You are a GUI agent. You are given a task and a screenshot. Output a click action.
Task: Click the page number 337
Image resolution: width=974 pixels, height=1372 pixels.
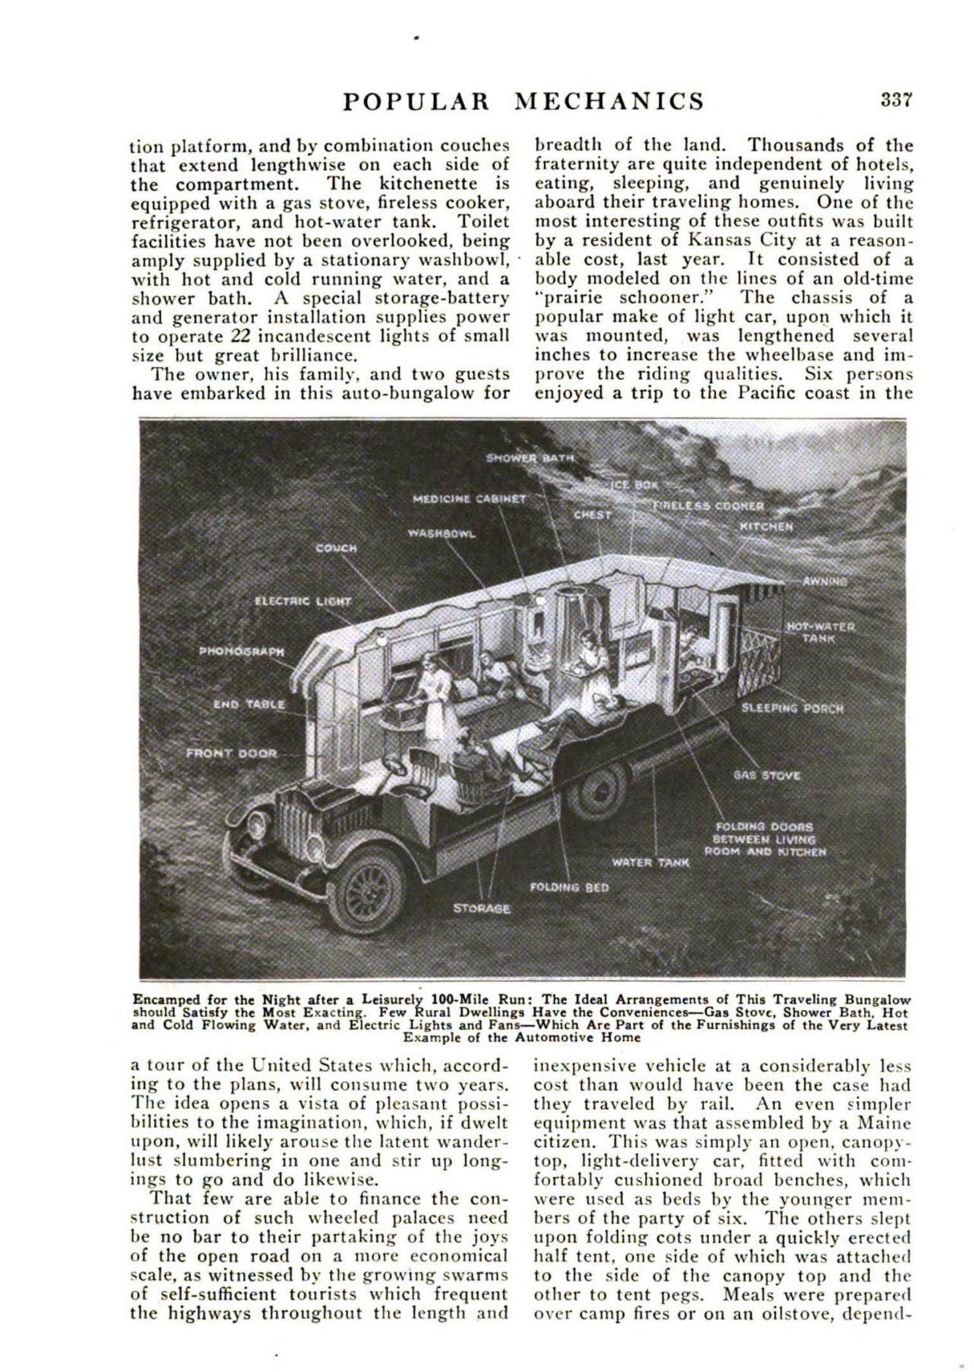tap(896, 100)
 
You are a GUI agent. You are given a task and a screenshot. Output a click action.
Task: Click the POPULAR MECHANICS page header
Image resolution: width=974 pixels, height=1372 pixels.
tap(524, 102)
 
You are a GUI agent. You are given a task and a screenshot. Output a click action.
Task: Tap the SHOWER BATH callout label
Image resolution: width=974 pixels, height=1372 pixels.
tap(529, 458)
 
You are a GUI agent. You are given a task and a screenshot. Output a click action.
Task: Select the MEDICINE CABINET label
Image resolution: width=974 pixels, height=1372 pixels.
tap(470, 499)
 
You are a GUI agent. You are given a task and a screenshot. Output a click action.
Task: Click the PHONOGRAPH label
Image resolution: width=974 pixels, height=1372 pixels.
tap(241, 651)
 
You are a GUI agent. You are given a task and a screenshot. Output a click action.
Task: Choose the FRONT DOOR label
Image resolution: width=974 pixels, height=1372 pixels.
tap(232, 753)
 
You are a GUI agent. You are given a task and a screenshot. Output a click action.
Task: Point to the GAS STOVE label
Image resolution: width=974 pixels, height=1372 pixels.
tap(767, 776)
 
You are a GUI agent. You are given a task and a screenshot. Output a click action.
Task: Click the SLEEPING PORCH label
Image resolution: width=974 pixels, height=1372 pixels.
tap(792, 709)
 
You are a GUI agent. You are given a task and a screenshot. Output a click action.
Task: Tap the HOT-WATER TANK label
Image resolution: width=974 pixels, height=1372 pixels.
tap(820, 632)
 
